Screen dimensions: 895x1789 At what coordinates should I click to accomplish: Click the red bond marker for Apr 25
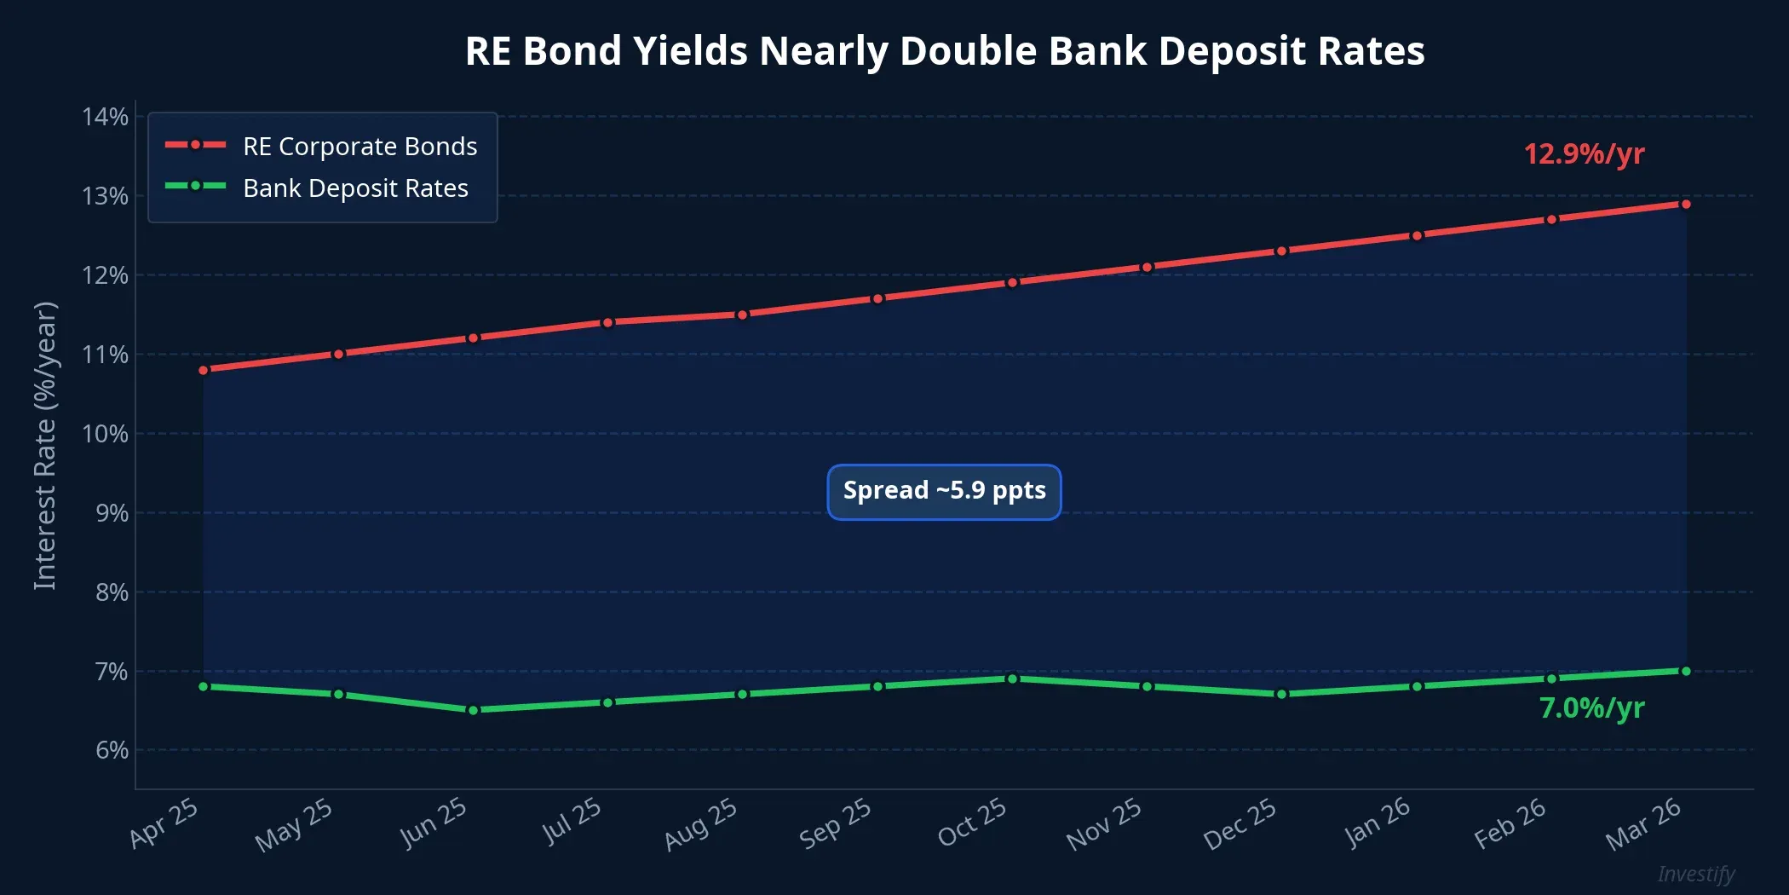click(x=204, y=370)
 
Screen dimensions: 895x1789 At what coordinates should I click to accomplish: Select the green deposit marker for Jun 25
click(x=474, y=710)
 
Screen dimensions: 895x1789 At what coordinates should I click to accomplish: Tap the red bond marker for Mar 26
click(x=1685, y=204)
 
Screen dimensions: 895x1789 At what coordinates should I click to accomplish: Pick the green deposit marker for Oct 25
click(x=1012, y=678)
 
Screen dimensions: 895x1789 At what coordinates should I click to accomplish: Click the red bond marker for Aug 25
click(x=743, y=315)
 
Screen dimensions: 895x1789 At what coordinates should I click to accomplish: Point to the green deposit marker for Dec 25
click(x=1281, y=694)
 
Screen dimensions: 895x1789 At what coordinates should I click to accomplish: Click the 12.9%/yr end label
click(x=1584, y=154)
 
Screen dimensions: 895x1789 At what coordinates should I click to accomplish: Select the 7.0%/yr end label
click(x=1591, y=708)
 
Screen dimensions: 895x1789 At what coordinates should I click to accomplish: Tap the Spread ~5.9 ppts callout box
click(x=944, y=491)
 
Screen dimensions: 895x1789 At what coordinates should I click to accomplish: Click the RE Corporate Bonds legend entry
click(x=360, y=146)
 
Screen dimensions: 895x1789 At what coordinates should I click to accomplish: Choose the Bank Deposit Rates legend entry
click(x=355, y=188)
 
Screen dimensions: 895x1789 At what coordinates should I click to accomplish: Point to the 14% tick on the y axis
click(x=105, y=117)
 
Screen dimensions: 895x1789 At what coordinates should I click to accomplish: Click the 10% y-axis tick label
click(x=105, y=434)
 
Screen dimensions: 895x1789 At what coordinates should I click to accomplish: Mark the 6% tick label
click(x=112, y=750)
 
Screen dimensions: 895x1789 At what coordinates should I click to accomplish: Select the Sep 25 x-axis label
click(x=836, y=823)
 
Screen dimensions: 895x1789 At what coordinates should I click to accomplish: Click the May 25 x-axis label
click(x=294, y=824)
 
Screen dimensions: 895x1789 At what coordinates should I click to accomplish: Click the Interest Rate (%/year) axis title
click(x=44, y=445)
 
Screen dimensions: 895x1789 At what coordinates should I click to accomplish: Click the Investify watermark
click(x=1695, y=874)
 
